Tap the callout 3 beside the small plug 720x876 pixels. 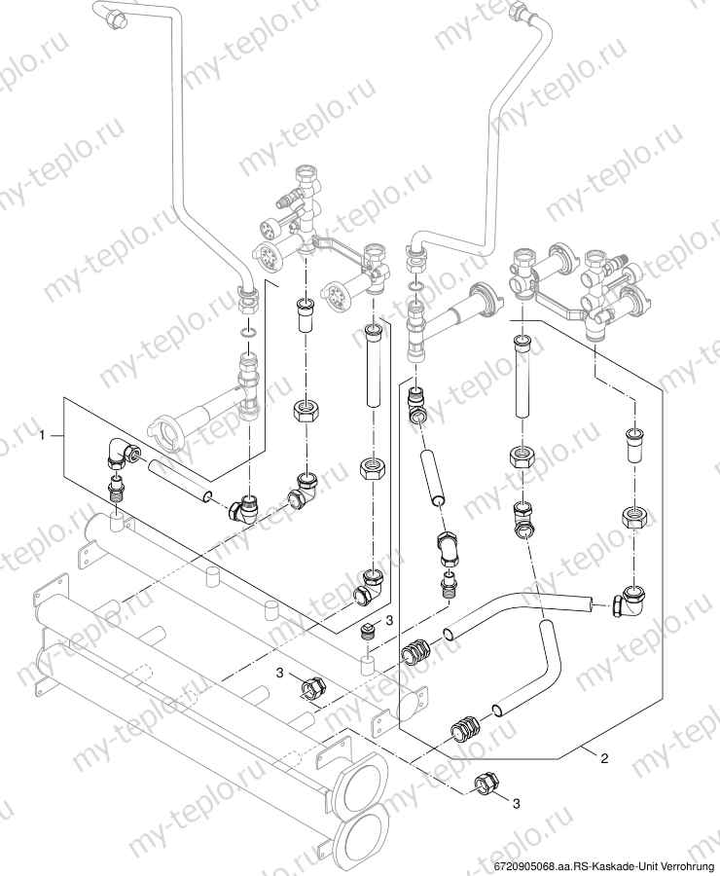point(389,619)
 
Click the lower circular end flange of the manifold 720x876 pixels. point(363,835)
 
